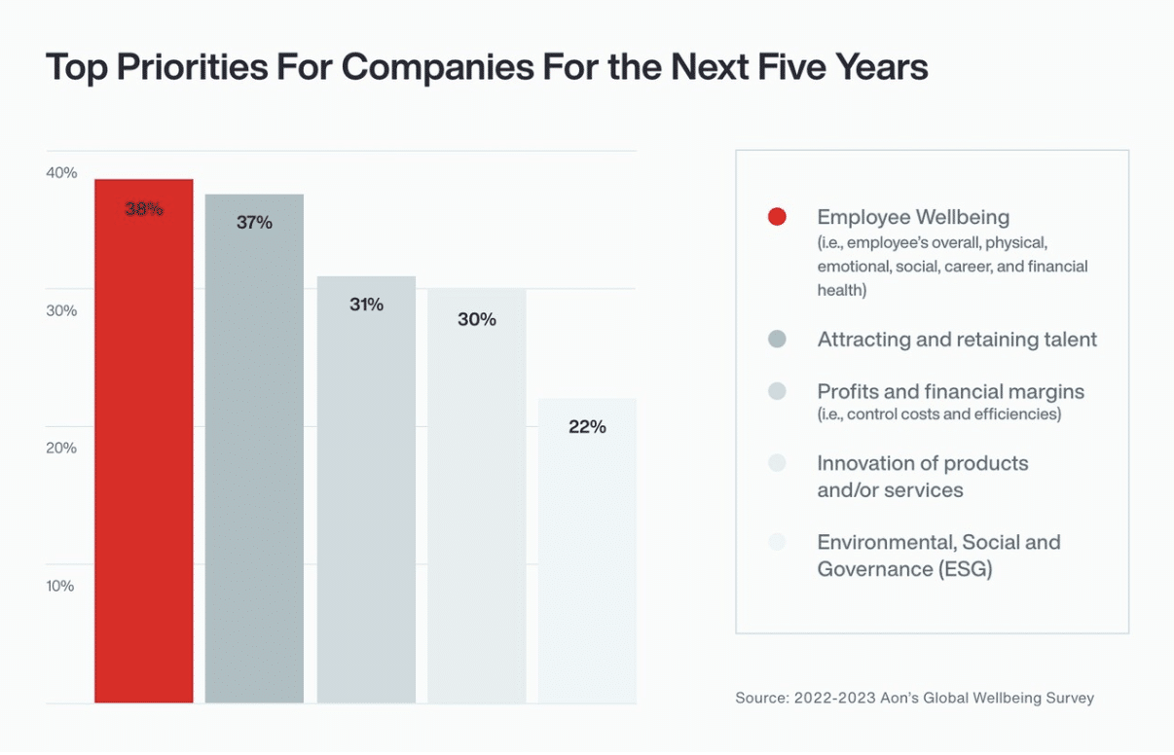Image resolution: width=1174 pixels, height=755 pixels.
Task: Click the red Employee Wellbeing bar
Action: (144, 441)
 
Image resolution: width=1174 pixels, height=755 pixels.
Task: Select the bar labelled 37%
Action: (254, 449)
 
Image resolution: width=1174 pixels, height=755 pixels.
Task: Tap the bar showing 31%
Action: (366, 489)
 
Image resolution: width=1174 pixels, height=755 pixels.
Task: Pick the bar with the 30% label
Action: (477, 495)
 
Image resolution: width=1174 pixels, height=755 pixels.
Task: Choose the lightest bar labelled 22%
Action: (588, 551)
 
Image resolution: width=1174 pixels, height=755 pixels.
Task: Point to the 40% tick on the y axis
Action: (61, 172)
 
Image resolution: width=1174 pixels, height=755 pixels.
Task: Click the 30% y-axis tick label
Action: (61, 310)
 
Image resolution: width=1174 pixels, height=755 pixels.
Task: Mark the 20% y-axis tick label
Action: (61, 448)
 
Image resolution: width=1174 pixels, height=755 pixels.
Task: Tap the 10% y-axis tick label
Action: (60, 586)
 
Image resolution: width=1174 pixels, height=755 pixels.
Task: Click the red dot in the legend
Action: (777, 216)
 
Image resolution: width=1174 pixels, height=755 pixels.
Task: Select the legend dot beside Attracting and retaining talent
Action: (777, 339)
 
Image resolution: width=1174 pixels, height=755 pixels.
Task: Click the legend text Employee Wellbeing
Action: (913, 217)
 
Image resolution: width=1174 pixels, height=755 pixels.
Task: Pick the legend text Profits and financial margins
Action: (951, 391)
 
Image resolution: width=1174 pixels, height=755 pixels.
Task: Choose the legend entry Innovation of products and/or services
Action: (923, 477)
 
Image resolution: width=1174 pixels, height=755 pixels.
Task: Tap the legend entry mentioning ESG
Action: (939, 556)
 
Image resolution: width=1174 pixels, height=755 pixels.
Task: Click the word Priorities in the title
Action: (193, 67)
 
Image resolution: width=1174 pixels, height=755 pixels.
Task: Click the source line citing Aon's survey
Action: (914, 698)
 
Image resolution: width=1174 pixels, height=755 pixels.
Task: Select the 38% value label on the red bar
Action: (144, 209)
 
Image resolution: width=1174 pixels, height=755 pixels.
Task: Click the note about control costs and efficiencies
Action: (939, 414)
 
